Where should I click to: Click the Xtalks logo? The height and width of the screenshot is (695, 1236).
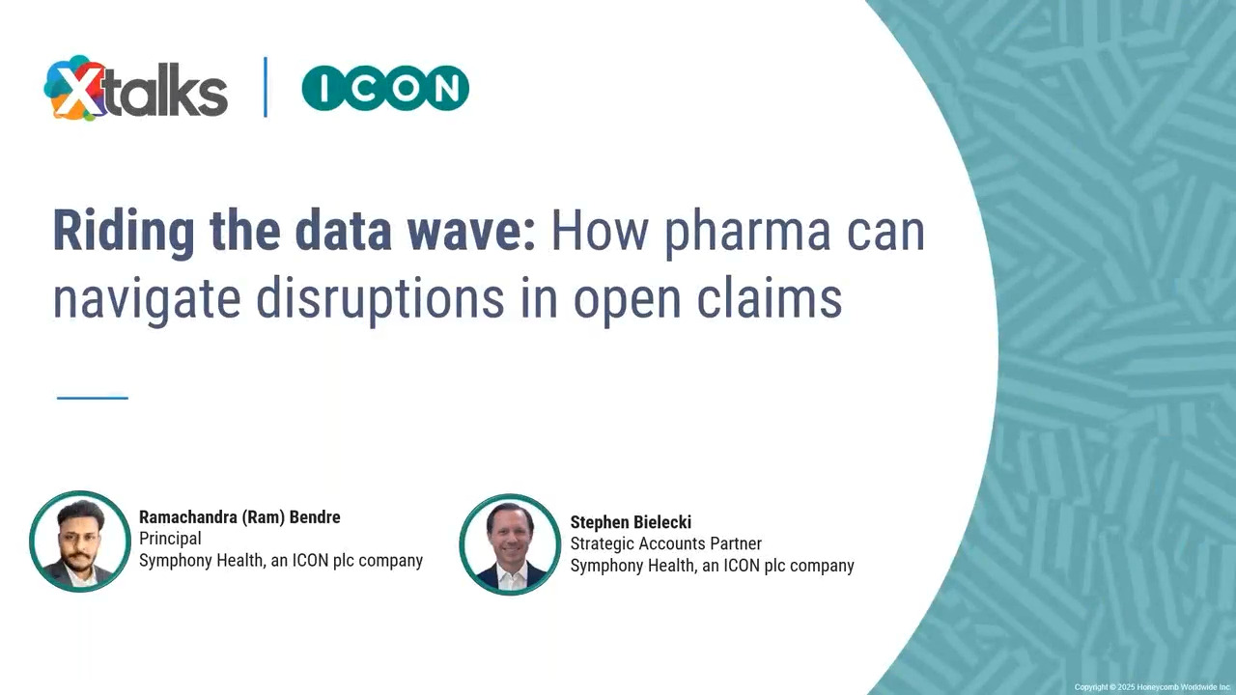136,88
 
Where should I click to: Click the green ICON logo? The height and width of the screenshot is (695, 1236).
385,88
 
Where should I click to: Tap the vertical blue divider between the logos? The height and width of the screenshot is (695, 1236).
266,87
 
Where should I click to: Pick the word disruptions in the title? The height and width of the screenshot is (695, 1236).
380,299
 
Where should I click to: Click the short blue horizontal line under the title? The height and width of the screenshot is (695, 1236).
92,398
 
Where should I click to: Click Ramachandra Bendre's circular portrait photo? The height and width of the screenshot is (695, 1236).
80,542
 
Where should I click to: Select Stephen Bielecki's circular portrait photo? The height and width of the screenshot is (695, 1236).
510,544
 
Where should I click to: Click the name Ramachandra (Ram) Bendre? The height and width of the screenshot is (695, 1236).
239,517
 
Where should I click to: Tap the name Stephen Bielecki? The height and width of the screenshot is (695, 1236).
631,522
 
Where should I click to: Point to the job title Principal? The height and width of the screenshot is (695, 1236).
170,539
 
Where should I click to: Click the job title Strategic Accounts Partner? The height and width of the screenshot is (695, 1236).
666,543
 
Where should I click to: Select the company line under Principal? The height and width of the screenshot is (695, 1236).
281,561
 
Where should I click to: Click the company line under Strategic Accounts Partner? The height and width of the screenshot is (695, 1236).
713,566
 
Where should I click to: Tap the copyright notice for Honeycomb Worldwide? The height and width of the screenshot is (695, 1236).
1152,687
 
